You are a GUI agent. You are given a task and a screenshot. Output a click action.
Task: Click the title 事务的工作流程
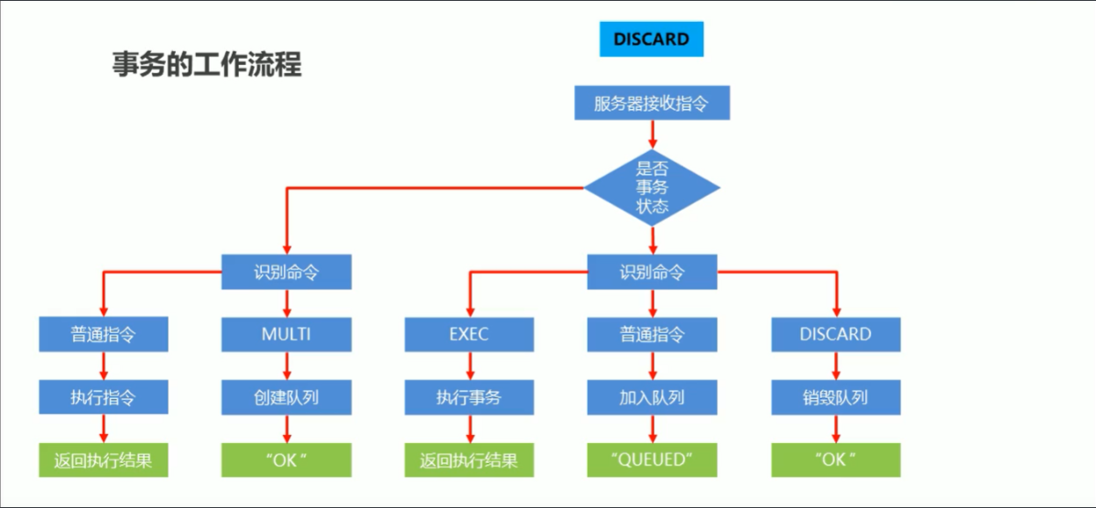pos(206,65)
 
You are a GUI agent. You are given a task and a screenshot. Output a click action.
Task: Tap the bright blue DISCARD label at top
pos(651,39)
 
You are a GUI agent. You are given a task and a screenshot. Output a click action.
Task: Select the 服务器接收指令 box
pos(651,103)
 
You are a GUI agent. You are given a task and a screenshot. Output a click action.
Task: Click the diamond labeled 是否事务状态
pos(652,188)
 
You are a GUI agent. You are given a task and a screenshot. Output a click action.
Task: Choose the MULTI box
pos(286,334)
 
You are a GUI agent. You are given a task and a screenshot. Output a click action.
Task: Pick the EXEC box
pos(469,334)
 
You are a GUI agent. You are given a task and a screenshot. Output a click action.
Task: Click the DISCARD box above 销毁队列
pos(835,334)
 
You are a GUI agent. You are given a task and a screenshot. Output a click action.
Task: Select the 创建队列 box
pos(286,397)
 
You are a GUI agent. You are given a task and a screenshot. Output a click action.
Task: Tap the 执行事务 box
pos(469,397)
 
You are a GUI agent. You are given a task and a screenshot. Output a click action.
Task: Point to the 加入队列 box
pos(652,397)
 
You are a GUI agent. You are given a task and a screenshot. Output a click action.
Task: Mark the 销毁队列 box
pos(835,397)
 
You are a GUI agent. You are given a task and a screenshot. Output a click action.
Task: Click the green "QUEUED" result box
pos(652,459)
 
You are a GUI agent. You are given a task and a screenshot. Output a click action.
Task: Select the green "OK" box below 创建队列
pos(286,459)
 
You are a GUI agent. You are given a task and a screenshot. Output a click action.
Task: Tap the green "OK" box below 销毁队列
pos(835,459)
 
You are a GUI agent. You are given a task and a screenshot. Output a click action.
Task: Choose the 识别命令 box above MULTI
pos(286,272)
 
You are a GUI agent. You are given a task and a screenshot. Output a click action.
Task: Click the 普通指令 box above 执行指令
pos(103,334)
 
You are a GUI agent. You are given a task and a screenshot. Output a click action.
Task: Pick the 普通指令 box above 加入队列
pos(652,334)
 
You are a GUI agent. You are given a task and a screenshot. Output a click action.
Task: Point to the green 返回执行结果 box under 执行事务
pos(469,459)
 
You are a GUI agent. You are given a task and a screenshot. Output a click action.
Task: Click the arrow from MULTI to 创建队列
pos(287,366)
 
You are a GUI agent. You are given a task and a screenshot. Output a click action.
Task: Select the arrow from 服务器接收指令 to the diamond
pos(652,134)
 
